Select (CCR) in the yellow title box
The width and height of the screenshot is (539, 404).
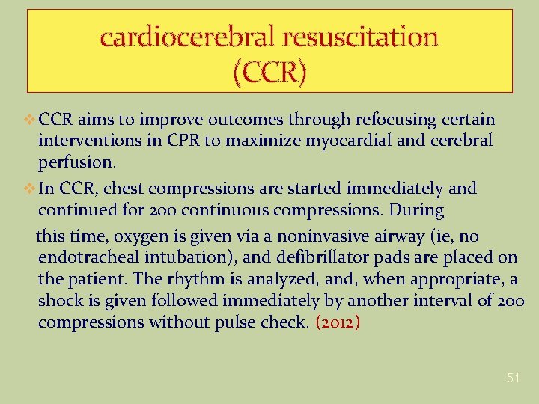tap(269, 73)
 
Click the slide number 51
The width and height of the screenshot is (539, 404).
tap(513, 378)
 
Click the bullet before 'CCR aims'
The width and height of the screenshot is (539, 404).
tap(30, 120)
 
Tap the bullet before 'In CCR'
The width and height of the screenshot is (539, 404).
tap(30, 189)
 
